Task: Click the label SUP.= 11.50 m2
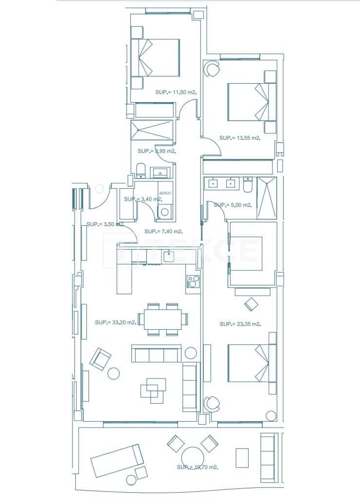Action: (176, 92)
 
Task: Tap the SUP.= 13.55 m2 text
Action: (240, 138)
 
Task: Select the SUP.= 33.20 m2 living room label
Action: (116, 322)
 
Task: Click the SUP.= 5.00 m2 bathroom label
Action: (233, 205)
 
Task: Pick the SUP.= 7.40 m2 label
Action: (163, 232)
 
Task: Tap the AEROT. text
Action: (165, 193)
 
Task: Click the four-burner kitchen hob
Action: (193, 282)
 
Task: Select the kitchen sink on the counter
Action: (168, 255)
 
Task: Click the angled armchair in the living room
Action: (100, 359)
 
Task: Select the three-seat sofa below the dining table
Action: (156, 354)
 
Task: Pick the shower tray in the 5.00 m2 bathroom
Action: (267, 198)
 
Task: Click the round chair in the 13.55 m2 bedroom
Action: (212, 70)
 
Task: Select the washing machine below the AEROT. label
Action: (165, 211)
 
